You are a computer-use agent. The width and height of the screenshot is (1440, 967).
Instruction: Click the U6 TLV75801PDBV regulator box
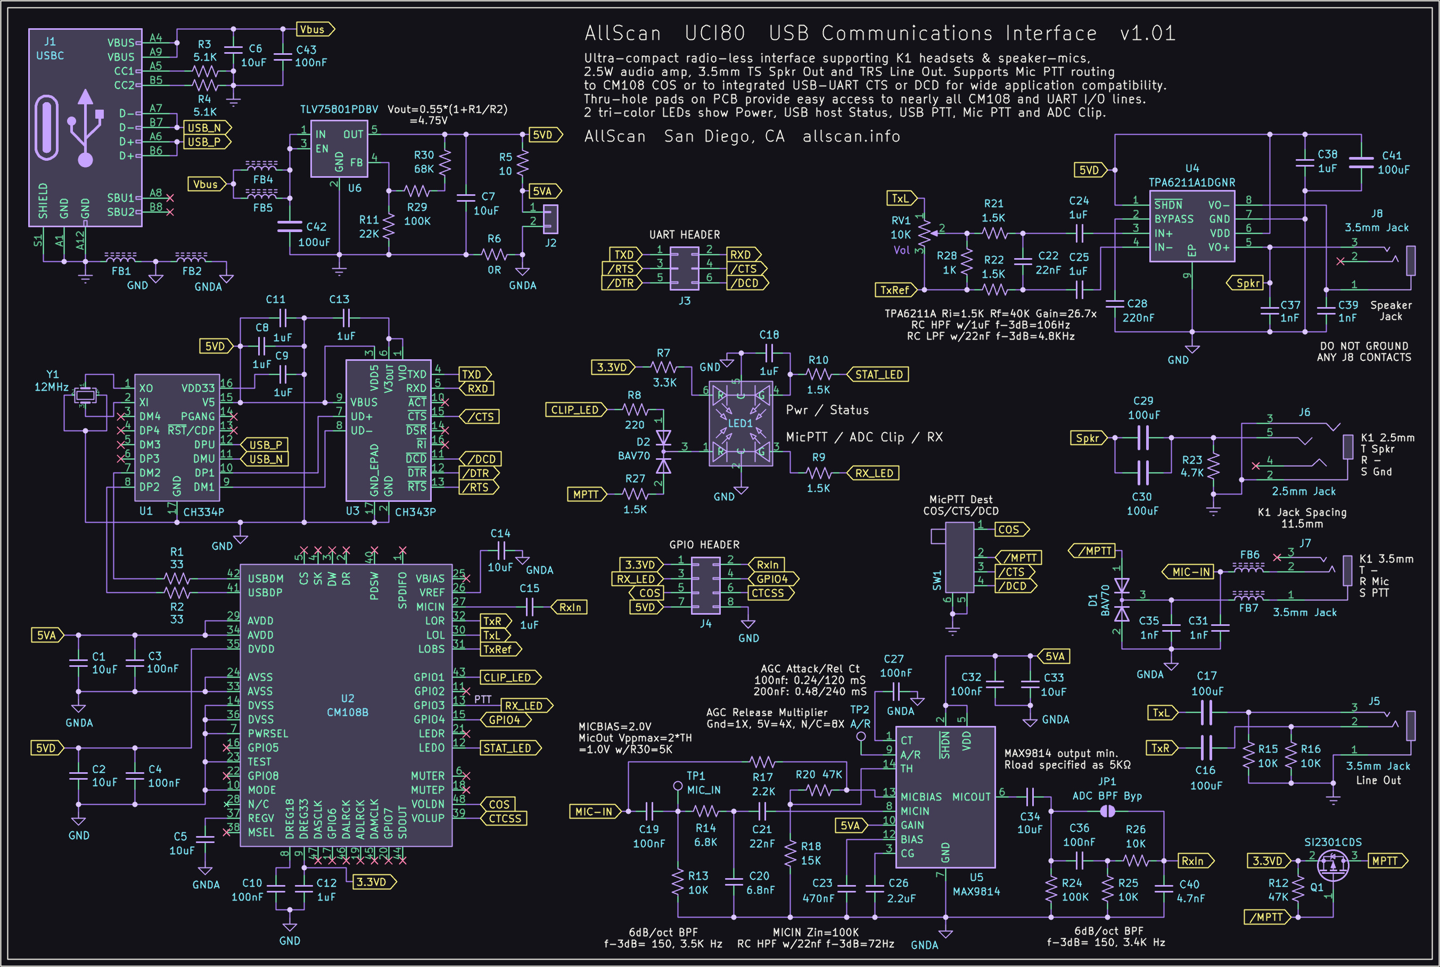(339, 148)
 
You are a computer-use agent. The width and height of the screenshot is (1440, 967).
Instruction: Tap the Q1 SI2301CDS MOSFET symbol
(1332, 865)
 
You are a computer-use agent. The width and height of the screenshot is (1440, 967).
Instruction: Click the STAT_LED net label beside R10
(878, 374)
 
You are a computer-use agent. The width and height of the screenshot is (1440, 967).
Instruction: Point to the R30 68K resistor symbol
(445, 162)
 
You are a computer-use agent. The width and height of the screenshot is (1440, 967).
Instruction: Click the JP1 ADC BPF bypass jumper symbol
(1108, 811)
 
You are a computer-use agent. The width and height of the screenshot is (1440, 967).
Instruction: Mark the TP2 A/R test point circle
(861, 737)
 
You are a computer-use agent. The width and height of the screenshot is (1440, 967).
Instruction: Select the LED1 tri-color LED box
(740, 424)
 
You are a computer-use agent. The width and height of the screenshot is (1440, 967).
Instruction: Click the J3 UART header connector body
(685, 268)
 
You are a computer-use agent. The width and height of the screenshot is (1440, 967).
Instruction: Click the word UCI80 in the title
(715, 34)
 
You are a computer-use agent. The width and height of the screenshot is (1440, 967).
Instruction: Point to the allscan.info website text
(851, 136)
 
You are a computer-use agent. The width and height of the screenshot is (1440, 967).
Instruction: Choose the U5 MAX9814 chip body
(945, 797)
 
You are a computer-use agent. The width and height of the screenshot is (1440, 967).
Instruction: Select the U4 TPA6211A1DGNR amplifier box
(1191, 226)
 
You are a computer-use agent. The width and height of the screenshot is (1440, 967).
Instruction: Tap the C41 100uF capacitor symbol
(1361, 162)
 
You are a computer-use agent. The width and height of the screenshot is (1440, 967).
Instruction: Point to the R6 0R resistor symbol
(494, 254)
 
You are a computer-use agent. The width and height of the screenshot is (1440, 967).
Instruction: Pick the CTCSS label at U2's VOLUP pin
(505, 819)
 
